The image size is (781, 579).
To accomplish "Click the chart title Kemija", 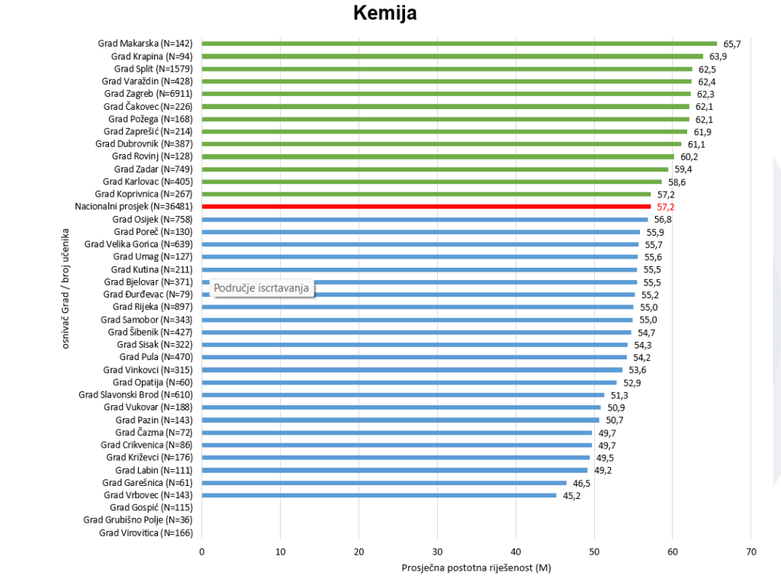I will (x=385, y=13).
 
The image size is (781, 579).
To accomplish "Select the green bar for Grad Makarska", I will (x=458, y=43).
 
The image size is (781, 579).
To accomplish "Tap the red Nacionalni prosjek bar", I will (x=426, y=207).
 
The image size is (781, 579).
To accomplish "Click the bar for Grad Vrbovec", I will (x=379, y=495).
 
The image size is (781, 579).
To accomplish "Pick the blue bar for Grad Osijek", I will (x=424, y=219).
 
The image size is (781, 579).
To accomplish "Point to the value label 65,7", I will (x=731, y=44).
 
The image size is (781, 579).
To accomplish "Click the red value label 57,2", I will (x=665, y=207).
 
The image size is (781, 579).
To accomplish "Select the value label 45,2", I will (x=571, y=495).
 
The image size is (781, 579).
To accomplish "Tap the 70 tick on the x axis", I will (x=750, y=552).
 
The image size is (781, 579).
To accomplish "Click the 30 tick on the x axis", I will (x=437, y=552).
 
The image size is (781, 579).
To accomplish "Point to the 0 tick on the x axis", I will (x=202, y=552).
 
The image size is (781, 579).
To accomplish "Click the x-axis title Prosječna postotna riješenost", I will (x=476, y=568).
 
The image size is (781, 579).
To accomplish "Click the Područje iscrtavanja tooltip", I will (x=261, y=288).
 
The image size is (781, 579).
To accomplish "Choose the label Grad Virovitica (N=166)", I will (x=146, y=532).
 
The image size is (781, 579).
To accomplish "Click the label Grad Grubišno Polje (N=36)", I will (x=138, y=520).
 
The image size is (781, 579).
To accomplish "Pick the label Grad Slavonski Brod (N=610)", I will (x=136, y=394).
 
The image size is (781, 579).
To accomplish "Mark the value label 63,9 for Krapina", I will (x=718, y=56).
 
